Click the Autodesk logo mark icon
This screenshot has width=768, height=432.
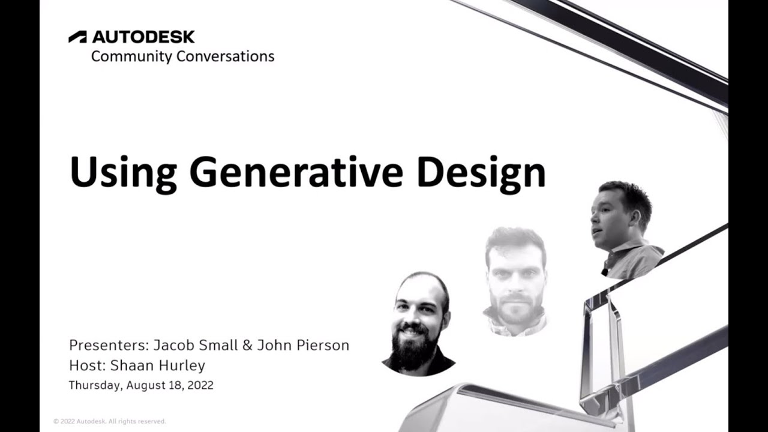77,37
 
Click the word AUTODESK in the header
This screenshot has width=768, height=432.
143,37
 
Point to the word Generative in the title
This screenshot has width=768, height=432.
297,172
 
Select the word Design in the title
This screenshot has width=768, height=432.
481,172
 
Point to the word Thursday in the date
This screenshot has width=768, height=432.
95,385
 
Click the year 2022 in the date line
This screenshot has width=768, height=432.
200,385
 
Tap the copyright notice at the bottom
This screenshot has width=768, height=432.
109,421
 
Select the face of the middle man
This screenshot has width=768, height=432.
515,276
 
